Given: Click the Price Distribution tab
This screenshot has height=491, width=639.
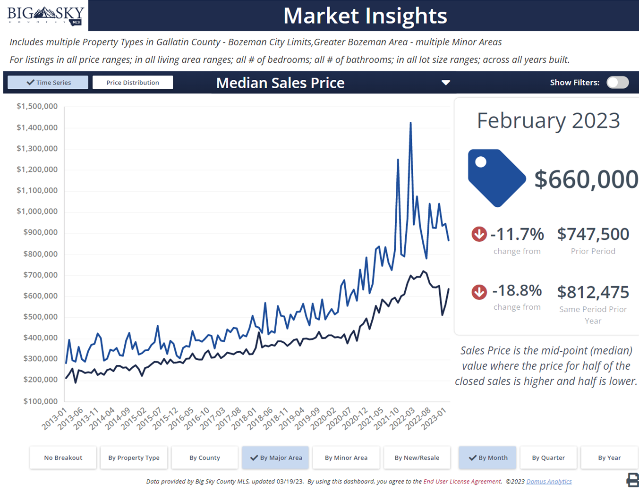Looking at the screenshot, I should pos(133,83).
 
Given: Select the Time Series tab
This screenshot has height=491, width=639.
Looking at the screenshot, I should pos(48,83).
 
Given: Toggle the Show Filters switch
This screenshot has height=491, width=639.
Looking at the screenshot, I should pos(617,83).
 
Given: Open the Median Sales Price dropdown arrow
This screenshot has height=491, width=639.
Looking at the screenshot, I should pos(445,83).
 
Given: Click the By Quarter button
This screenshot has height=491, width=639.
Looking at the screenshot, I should pos(548,457).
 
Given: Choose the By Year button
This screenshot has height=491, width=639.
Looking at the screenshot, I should pos(609,457).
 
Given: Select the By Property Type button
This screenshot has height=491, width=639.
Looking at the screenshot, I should pos(134,457).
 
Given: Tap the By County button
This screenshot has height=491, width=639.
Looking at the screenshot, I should pos(204,457).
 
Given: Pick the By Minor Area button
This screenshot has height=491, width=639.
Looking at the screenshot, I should pos(346,457).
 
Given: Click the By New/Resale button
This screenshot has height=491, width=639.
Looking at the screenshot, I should pos(417,457).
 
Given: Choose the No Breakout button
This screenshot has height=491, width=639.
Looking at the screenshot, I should pos(63,457).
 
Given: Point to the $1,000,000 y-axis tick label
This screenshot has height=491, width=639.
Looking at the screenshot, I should pos(37,211).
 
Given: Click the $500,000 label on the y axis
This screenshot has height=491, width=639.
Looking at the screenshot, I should pos(40,316).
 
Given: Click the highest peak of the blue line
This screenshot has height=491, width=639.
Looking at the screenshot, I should pos(410,123).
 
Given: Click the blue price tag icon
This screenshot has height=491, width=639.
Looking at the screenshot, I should pos(496,178).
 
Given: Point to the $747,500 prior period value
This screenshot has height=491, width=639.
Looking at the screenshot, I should pos(593,234).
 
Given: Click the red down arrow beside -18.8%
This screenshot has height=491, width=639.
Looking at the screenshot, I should pos(479,292).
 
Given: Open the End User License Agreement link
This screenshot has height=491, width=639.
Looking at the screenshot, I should pos(462,482).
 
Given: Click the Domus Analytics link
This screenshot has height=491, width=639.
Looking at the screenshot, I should pos(549,482).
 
